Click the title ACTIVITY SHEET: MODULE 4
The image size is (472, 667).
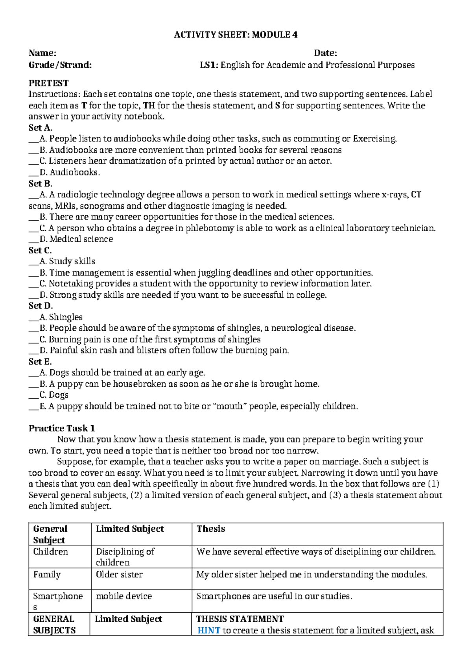tap(236, 35)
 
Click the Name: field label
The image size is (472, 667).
tap(42, 53)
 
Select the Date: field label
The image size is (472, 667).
tap(325, 53)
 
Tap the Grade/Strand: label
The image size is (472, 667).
tap(60, 65)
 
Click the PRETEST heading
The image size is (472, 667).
tap(48, 83)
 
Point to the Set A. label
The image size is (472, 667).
tap(41, 127)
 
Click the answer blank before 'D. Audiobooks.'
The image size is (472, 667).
tap(33, 173)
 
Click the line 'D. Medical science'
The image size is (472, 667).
tap(76, 239)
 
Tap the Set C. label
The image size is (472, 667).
tap(40, 250)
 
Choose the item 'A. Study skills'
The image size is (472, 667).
tap(67, 262)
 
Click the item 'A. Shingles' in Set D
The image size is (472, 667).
tap(61, 317)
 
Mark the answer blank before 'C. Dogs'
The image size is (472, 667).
tap(33, 396)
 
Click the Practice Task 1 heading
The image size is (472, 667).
tap(62, 428)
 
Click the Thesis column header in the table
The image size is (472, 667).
tap(211, 529)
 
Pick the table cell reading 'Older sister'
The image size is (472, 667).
tap(119, 575)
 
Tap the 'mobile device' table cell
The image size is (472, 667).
tap(124, 596)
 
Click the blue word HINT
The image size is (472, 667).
tap(208, 630)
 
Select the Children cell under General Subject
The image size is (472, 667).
tap(50, 552)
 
